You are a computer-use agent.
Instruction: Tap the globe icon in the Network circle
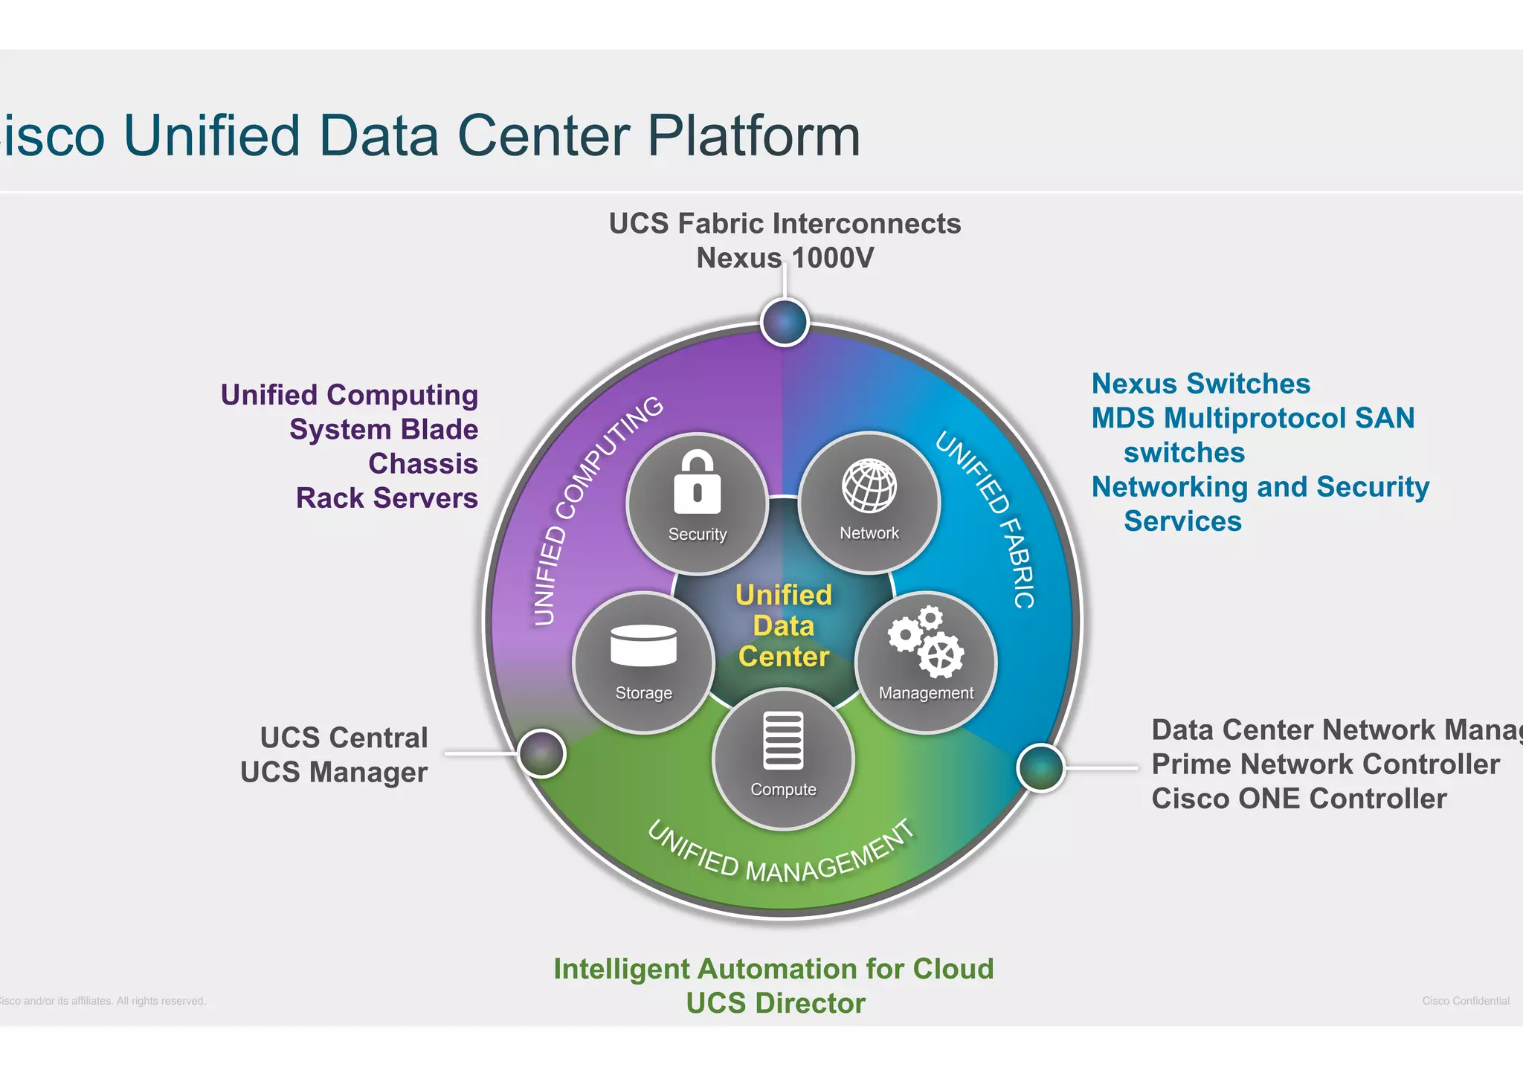coord(869,486)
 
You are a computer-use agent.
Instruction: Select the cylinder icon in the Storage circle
coord(643,645)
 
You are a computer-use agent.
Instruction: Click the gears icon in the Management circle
coord(926,642)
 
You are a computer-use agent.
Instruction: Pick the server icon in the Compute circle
coord(783,740)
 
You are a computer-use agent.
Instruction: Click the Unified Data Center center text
coord(783,626)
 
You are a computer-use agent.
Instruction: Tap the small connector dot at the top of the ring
coord(785,322)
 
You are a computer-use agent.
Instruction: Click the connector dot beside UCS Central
coord(541,753)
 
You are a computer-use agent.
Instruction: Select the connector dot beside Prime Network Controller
coord(1040,767)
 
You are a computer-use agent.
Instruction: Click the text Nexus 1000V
coord(785,258)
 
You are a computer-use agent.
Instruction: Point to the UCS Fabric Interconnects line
coord(785,223)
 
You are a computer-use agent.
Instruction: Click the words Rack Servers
coord(387,497)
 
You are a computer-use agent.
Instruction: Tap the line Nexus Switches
coord(1200,384)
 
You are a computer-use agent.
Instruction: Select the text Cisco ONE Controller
coord(1298,799)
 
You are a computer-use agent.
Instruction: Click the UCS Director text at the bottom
coord(776,1003)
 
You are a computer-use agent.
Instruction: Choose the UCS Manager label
coord(334,772)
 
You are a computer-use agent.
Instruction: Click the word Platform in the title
coord(753,135)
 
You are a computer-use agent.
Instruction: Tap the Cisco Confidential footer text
coord(1465,1001)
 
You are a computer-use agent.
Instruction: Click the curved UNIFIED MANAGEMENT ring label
coord(780,854)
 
